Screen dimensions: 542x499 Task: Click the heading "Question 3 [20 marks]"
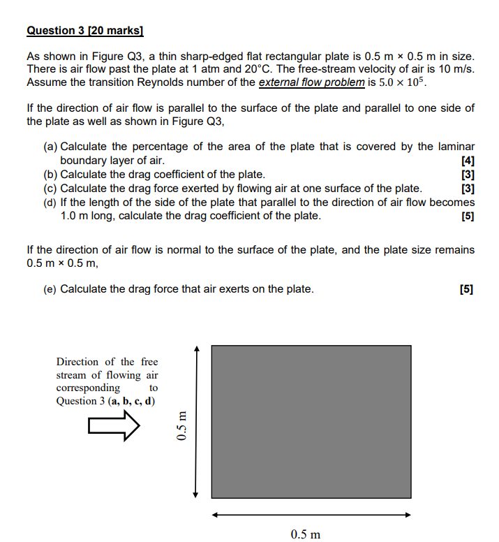coord(84,31)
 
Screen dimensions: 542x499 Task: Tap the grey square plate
coord(311,421)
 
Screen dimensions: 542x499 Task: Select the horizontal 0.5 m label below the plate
coord(306,534)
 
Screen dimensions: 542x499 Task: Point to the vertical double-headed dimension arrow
coord(197,421)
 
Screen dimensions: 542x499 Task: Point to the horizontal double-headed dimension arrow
coord(311,515)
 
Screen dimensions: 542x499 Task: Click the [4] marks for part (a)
coord(468,161)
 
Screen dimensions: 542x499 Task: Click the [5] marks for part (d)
coord(468,216)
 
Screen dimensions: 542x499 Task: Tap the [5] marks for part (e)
coord(466,289)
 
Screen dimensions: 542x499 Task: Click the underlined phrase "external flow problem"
coord(311,82)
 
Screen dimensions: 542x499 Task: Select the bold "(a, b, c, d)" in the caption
coord(131,400)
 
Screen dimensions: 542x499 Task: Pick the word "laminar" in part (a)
coord(456,147)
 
